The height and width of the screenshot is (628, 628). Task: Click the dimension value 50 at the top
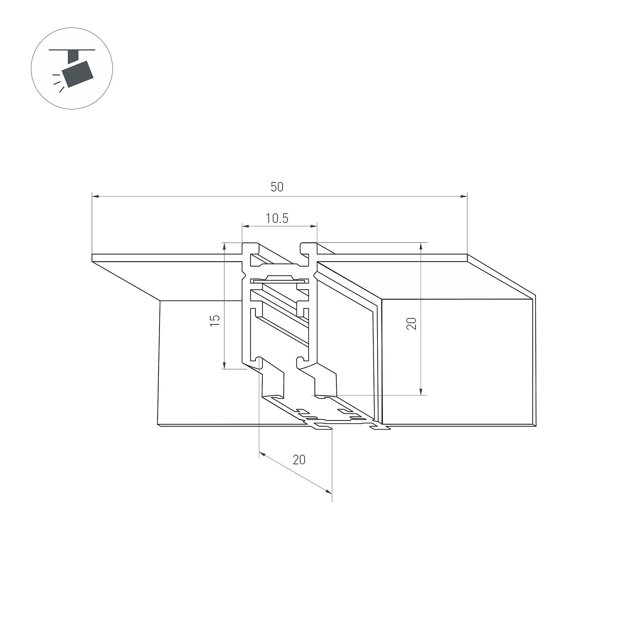pyautogui.click(x=277, y=187)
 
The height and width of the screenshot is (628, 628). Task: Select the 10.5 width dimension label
pyautogui.click(x=277, y=218)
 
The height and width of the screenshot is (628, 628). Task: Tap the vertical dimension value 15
pyautogui.click(x=215, y=320)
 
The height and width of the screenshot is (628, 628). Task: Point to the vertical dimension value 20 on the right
pyautogui.click(x=411, y=324)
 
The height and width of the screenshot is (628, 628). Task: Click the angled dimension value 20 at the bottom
pyautogui.click(x=299, y=460)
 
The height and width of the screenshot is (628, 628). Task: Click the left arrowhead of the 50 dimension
pyautogui.click(x=95, y=196)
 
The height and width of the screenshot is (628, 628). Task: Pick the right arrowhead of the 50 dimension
pyautogui.click(x=464, y=196)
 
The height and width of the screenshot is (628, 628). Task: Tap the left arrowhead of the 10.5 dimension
pyautogui.click(x=246, y=226)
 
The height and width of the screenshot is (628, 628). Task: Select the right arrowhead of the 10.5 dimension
pyautogui.click(x=313, y=226)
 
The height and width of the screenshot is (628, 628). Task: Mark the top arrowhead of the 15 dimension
pyautogui.click(x=224, y=246)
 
